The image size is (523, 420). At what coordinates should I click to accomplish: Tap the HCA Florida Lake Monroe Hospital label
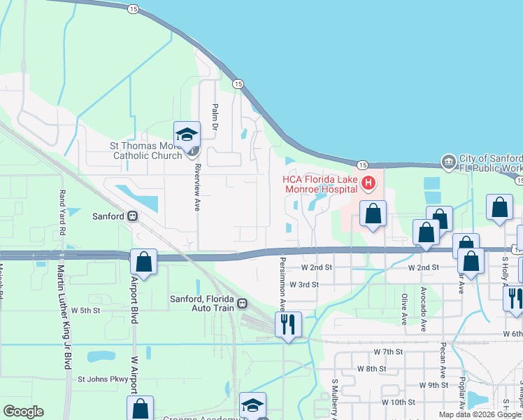(321, 184)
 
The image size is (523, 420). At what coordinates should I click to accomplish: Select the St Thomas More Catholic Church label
(145, 150)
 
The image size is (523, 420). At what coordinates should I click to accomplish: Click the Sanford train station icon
(131, 216)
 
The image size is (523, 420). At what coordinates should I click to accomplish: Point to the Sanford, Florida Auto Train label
(199, 303)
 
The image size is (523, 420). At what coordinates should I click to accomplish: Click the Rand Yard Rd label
(62, 212)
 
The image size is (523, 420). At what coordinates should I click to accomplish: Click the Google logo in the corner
(23, 412)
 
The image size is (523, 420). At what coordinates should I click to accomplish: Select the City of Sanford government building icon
(447, 162)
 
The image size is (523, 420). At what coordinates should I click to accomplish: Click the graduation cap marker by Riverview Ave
(187, 134)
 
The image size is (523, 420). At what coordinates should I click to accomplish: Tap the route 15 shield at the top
(134, 9)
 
